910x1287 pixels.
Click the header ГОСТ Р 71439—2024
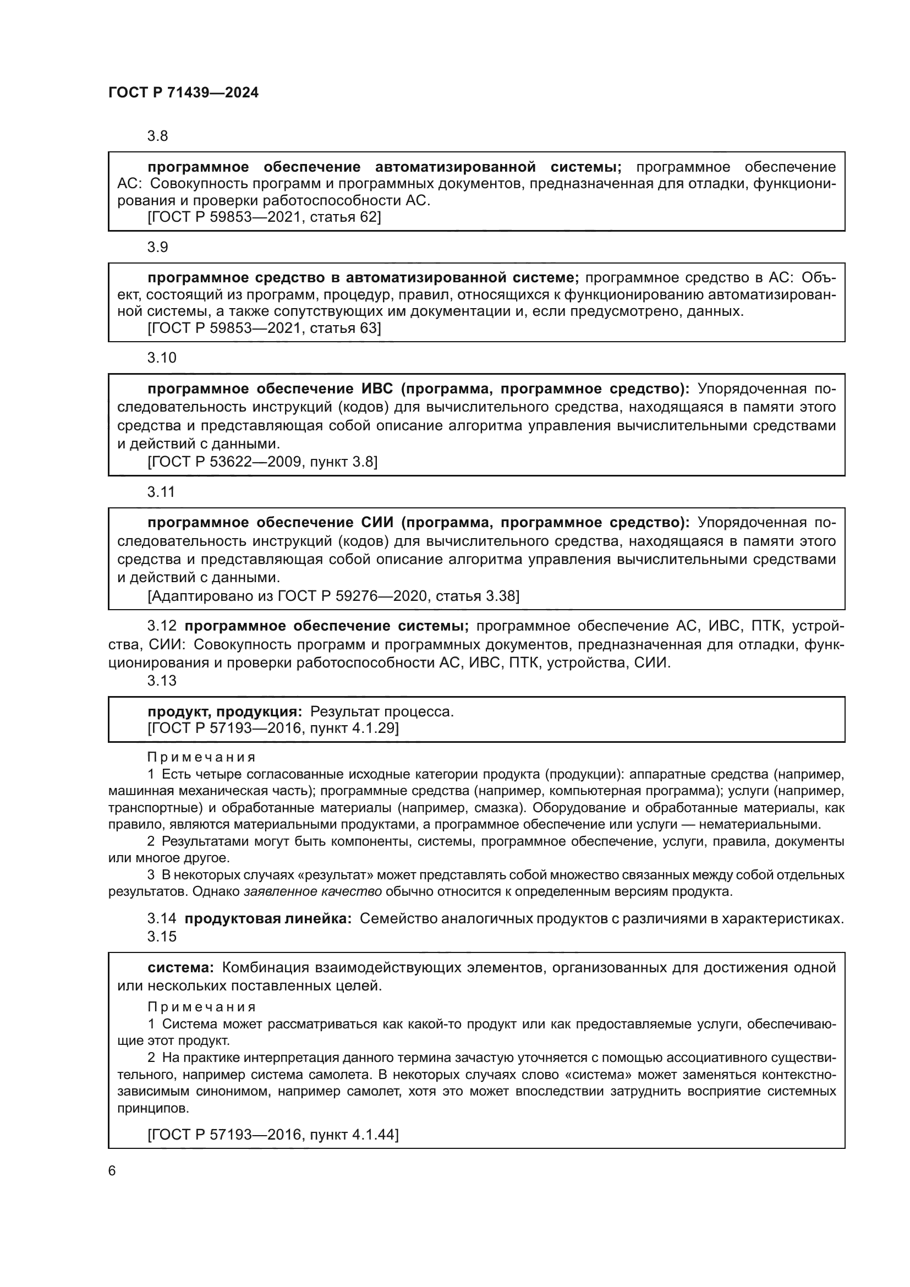tap(183, 93)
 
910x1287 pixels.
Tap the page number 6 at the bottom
tap(112, 1171)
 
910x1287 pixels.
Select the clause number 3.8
tap(157, 136)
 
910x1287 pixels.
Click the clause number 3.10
tap(161, 358)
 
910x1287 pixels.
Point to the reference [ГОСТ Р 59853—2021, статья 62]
tap(264, 217)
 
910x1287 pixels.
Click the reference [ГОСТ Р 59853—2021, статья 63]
tap(264, 328)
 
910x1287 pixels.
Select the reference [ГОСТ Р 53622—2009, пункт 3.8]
tap(262, 462)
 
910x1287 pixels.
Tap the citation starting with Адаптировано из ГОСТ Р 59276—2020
tap(333, 596)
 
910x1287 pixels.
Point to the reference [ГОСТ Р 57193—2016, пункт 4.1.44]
tap(273, 1135)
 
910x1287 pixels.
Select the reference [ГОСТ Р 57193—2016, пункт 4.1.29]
tap(273, 728)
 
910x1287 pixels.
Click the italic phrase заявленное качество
tap(313, 892)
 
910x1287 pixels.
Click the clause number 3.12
tap(161, 626)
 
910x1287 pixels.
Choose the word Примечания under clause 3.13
tap(201, 757)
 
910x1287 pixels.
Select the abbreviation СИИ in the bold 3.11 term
tap(374, 523)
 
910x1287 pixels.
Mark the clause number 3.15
tap(161, 937)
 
